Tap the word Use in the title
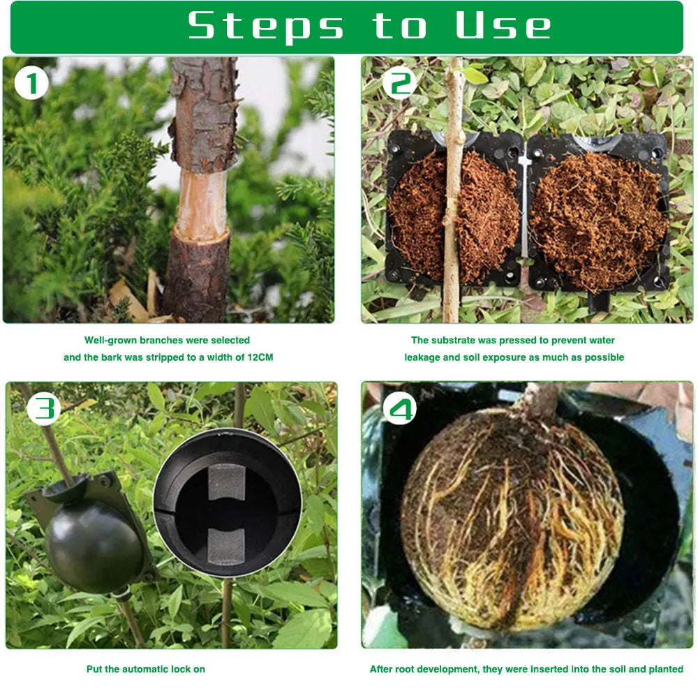point(503,25)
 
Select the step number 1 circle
point(31,83)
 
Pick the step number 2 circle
point(400,83)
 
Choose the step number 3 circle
point(44,408)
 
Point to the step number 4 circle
point(400,408)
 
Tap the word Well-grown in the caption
point(110,341)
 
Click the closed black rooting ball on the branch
point(94,544)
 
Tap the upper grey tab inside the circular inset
point(227,482)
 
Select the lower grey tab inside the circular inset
point(227,547)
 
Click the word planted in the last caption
point(666,669)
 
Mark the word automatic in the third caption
point(146,669)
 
